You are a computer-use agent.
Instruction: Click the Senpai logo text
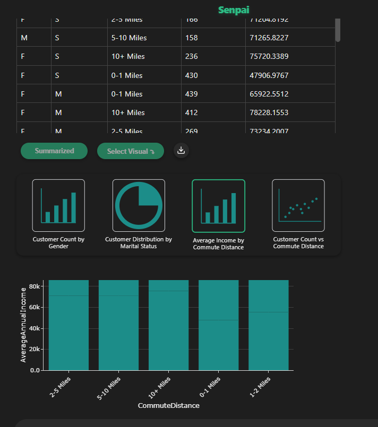point(234,10)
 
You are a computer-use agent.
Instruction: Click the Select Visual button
point(130,151)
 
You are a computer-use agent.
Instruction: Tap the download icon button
point(181,151)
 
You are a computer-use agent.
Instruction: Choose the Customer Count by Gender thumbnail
point(58,206)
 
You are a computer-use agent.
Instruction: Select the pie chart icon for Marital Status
point(139,206)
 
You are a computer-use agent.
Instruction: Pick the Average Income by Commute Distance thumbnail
point(218,206)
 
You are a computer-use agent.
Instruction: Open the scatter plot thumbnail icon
point(298,206)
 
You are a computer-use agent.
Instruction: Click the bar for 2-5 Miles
point(68,329)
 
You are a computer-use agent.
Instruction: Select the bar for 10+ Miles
point(168,329)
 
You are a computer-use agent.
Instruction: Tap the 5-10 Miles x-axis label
point(109,388)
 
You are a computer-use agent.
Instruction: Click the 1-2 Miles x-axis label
point(260,387)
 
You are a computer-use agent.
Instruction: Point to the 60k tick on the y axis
point(35,307)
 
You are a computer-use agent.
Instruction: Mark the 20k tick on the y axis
point(35,350)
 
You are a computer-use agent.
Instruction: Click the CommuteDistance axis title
point(168,406)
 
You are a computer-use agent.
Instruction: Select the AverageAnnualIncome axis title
point(23,325)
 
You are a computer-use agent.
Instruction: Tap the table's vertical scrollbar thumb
point(338,29)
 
